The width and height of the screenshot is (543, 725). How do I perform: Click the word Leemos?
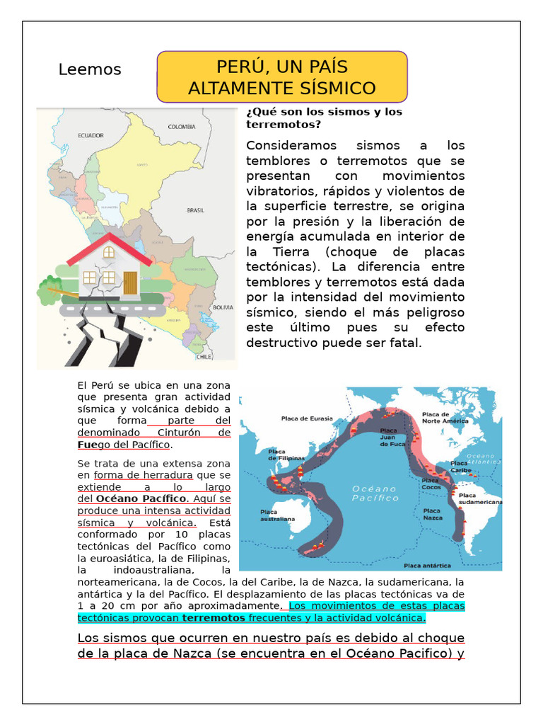[x=90, y=69]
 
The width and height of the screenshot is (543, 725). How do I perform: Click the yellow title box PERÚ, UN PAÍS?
[x=281, y=77]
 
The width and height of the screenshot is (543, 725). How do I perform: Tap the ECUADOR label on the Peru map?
[x=90, y=135]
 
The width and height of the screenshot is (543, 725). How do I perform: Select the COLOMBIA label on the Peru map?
[x=181, y=127]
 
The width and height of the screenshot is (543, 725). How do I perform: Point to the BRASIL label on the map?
[x=195, y=210]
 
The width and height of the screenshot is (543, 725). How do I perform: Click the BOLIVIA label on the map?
[x=223, y=307]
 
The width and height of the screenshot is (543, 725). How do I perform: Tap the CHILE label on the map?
[x=204, y=357]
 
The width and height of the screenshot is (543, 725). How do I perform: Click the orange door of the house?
[x=130, y=282]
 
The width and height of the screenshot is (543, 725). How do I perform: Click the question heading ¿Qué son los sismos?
[x=324, y=118]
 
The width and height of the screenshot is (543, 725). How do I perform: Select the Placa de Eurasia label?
[x=307, y=418]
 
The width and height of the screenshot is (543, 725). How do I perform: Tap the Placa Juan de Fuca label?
[x=393, y=437]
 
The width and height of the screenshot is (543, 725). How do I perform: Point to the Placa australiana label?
[x=277, y=515]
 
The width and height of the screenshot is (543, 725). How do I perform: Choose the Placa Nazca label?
[x=432, y=514]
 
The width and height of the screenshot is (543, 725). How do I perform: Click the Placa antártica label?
[x=427, y=566]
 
